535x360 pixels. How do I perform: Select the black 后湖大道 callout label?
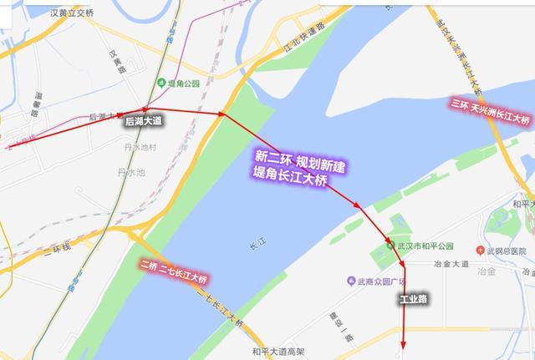pos(143,122)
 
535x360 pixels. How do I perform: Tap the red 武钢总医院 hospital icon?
pos(481,250)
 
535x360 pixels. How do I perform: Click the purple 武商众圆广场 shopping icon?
pos(352,281)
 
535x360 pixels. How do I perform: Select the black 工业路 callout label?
pos(413,298)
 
